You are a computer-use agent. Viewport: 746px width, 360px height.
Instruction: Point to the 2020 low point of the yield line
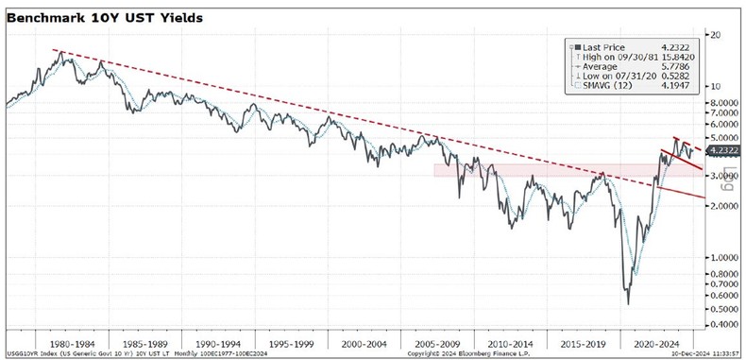[628, 303]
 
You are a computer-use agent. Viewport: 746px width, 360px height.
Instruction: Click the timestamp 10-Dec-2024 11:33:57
[701, 353]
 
